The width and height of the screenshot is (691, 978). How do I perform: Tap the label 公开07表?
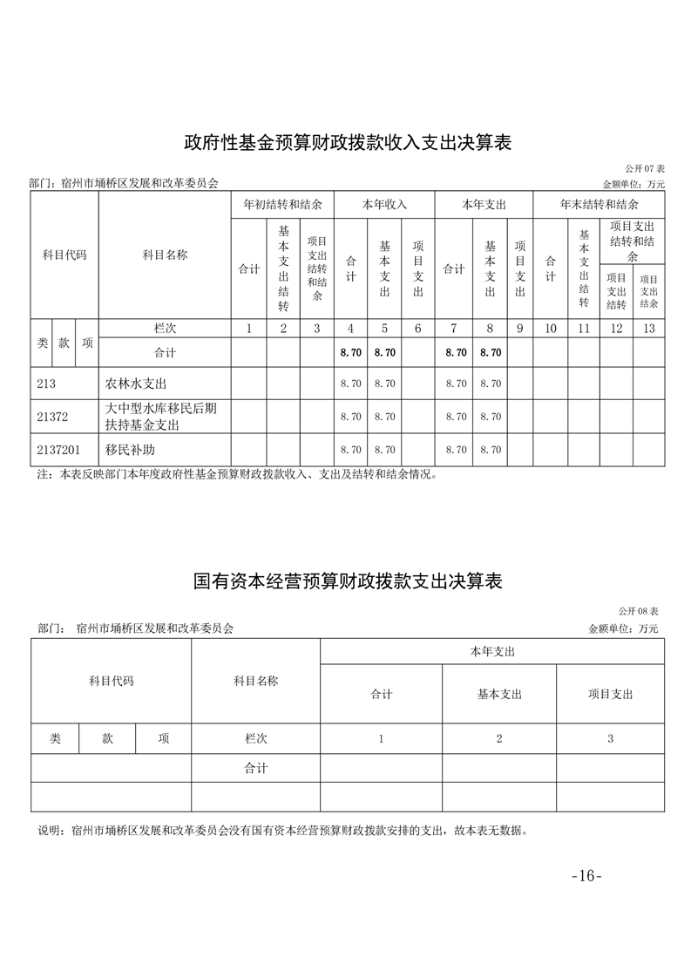(644, 167)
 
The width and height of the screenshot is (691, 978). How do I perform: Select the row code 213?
(47, 384)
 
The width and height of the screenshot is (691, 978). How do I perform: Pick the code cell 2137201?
(58, 450)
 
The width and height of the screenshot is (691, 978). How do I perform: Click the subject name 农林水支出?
(135, 384)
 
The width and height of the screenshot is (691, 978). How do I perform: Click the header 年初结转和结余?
(282, 205)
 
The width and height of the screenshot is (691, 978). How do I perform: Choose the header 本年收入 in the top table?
(384, 205)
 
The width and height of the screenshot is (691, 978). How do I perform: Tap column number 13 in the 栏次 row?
(648, 329)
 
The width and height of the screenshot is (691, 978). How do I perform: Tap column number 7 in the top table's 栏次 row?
(453, 329)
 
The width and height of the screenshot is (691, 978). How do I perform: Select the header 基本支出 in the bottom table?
(499, 694)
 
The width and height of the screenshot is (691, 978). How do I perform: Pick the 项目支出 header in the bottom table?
(610, 694)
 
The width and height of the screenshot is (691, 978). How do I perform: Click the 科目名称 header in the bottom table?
(255, 681)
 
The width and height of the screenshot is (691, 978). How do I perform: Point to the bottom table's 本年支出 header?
(492, 651)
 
